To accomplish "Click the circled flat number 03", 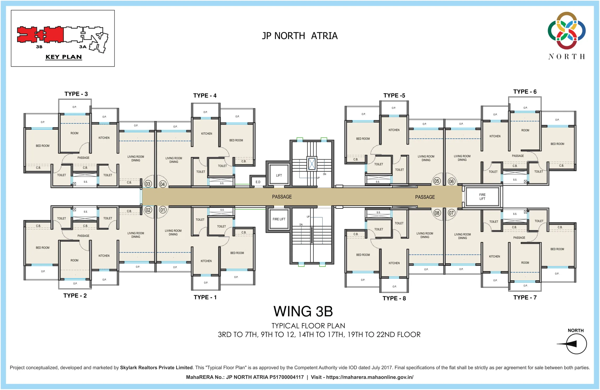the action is (148, 184).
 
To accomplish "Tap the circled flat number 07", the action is (451, 213).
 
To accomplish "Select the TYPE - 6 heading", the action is (525, 92).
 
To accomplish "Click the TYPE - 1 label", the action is (205, 297).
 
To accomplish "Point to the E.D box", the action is (258, 182).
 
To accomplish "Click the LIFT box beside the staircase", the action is (279, 175).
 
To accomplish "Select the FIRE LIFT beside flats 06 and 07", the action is (482, 197).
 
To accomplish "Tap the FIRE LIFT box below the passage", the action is (279, 219).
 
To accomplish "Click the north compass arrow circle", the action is (576, 344).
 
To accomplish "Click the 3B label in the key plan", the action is (39, 47).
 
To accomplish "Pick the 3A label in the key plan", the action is (83, 47).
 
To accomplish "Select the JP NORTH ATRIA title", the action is (300, 36).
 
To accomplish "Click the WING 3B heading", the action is (303, 311).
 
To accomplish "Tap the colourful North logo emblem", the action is (566, 30).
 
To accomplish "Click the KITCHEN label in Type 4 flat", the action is (207, 134).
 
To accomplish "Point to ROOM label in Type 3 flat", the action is (74, 133).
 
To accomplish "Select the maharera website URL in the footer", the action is (370, 377).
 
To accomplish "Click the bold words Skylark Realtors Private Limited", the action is (156, 367).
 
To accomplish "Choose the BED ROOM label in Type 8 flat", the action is (363, 255).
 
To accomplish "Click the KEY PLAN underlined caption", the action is (64, 57).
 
